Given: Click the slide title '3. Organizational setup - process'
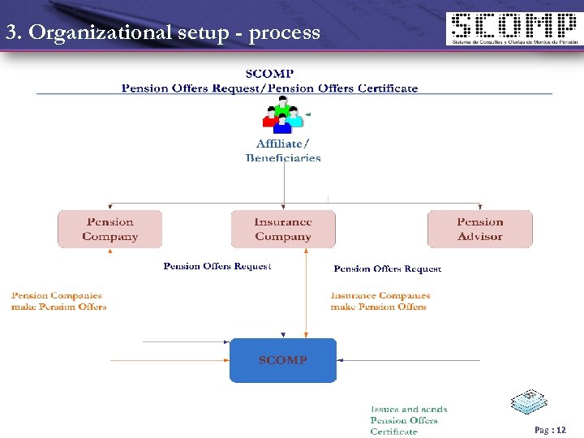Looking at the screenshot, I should (x=163, y=33).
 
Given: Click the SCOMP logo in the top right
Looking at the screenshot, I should (x=513, y=29).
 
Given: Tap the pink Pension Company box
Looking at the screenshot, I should (x=110, y=229).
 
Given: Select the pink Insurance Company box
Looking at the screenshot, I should (x=283, y=229).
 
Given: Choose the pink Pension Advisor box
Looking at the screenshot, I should (x=479, y=229).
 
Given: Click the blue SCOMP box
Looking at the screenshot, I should (x=283, y=359).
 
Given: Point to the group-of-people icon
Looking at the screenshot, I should (x=282, y=115).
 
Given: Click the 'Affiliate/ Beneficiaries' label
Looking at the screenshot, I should (x=283, y=151).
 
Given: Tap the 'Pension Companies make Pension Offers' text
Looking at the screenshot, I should (x=58, y=301).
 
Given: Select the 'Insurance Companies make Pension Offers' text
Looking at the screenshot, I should (x=380, y=301).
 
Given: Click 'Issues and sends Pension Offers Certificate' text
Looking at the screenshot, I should (x=409, y=420).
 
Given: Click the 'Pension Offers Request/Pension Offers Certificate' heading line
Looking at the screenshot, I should (x=269, y=88).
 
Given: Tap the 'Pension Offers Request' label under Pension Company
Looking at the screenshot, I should (x=217, y=266).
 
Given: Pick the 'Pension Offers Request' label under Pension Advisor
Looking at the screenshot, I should (x=387, y=268).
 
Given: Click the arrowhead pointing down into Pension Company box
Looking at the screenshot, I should (x=110, y=208).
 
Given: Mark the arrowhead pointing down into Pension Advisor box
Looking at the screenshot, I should (x=479, y=208).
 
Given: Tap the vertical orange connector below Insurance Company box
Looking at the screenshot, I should (x=306, y=292).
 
